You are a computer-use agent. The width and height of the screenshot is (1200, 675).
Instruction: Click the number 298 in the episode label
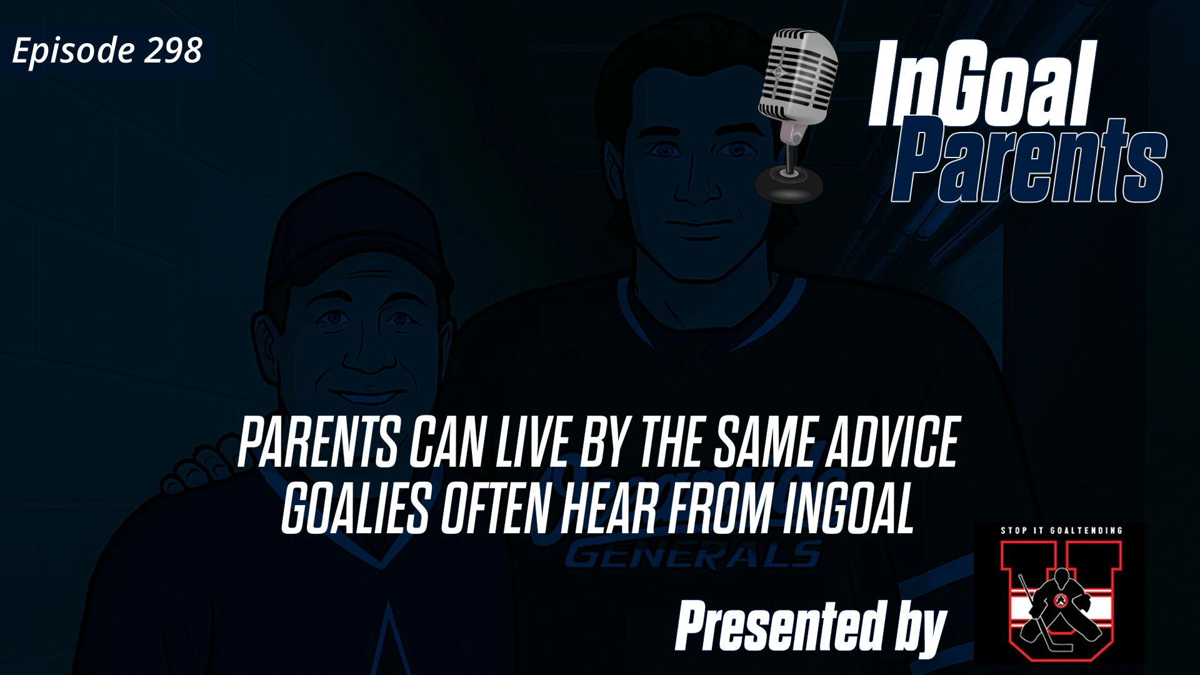tap(173, 50)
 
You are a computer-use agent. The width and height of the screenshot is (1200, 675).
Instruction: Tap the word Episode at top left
tap(73, 51)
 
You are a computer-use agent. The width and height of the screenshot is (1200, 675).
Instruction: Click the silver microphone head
tap(798, 75)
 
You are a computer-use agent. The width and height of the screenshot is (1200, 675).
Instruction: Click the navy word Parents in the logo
tap(1028, 161)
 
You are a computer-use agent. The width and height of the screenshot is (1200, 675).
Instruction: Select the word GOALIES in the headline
tap(355, 511)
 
